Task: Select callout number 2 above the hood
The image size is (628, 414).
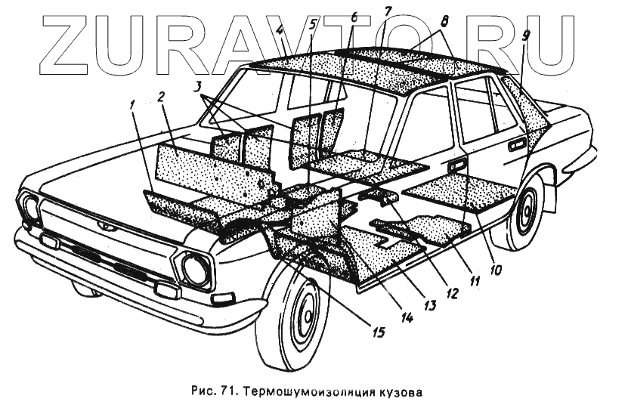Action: [161, 96]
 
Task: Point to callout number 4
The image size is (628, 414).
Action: [280, 32]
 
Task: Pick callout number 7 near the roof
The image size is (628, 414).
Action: [388, 11]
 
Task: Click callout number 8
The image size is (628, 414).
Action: [444, 22]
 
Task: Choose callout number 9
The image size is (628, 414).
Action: [524, 35]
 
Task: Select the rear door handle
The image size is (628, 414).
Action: [516, 144]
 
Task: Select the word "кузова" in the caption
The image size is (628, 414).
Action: [395, 393]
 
